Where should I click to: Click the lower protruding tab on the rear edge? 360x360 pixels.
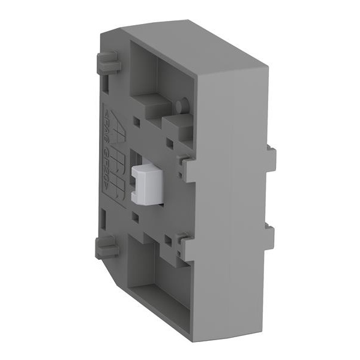(271, 237)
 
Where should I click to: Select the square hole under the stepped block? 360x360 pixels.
(170, 143)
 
